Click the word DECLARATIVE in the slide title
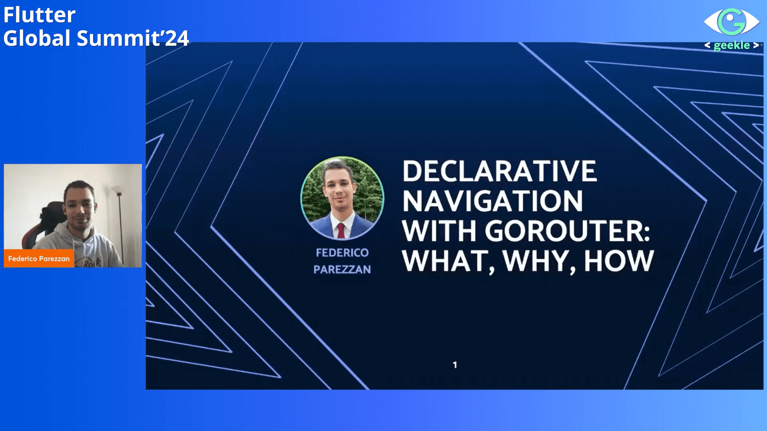click(499, 171)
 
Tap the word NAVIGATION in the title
click(492, 201)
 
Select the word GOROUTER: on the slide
click(568, 231)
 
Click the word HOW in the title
click(619, 261)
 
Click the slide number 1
click(455, 365)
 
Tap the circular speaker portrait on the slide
click(342, 198)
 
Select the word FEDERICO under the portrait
click(342, 253)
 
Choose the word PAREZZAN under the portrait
click(342, 270)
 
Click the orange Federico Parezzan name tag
click(39, 258)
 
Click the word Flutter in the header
click(39, 15)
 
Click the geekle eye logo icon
click(731, 22)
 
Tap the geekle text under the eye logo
click(731, 45)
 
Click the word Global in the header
click(37, 38)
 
